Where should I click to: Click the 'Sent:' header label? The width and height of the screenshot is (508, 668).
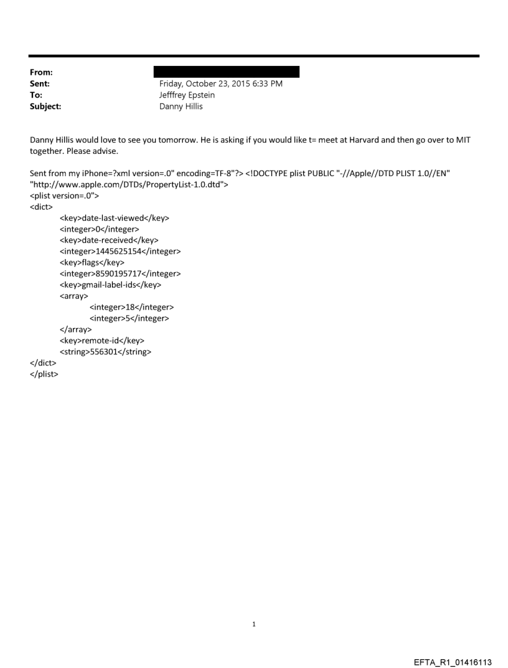pos(40,84)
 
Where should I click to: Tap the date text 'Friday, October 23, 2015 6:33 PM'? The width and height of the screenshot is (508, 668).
pos(221,84)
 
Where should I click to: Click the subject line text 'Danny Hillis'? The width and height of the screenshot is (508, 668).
pos(181,106)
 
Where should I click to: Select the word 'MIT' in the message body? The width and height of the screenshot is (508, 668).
pos(463,140)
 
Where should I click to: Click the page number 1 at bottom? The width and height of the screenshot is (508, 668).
pos(254,624)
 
